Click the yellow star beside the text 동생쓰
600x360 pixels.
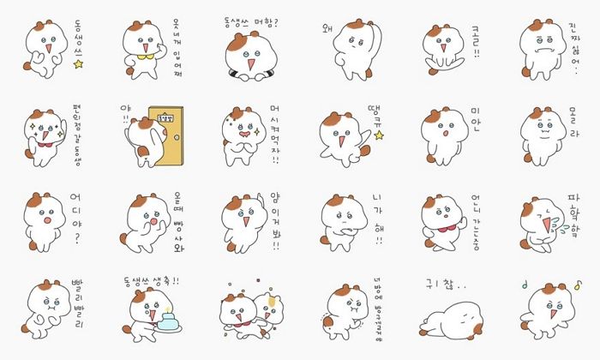click(x=78, y=63)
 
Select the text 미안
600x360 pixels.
click(x=476, y=129)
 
